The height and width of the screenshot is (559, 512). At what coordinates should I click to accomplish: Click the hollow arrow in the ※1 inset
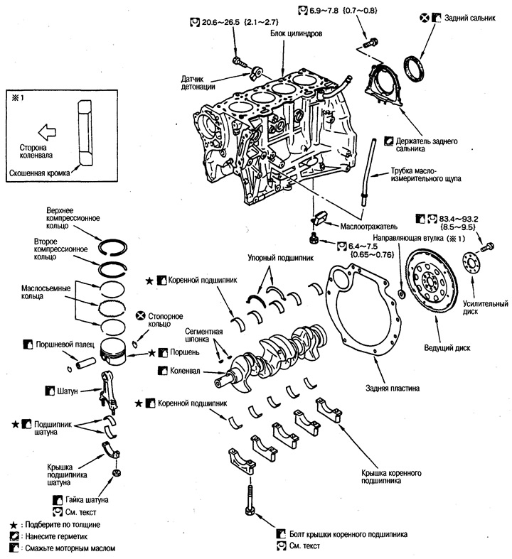pos(46,130)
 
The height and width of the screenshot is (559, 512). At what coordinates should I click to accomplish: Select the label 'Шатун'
pos(70,390)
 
